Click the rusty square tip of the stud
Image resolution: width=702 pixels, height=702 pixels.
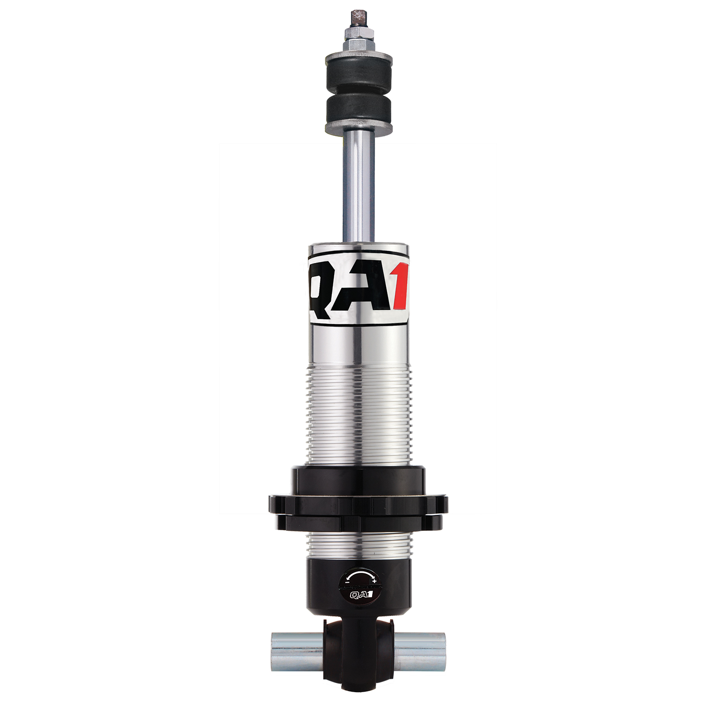[359, 17]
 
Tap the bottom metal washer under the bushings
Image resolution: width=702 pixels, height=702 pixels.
[358, 128]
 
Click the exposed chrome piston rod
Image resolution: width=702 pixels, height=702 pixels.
[359, 187]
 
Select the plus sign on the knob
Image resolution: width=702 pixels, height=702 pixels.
[374, 581]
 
